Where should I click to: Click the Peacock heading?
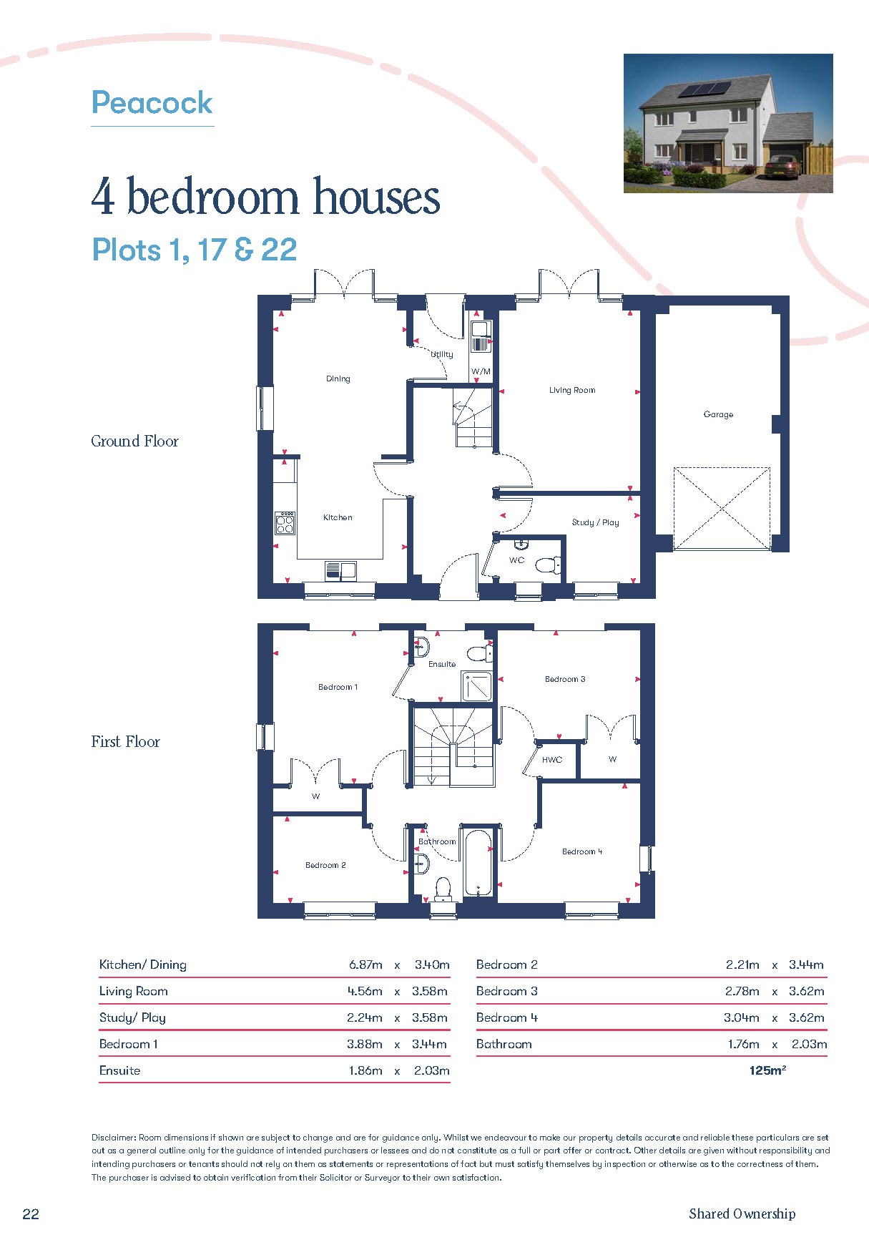[152, 103]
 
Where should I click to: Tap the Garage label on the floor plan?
[718, 414]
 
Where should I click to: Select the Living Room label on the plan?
[572, 390]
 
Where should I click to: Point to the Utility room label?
[442, 354]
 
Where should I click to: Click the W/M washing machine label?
[481, 371]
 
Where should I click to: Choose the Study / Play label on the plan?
[595, 522]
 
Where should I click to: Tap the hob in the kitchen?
[285, 523]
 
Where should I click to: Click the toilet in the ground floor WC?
[549, 565]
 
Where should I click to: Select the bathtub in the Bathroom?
[478, 863]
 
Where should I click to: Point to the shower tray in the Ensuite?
[476, 686]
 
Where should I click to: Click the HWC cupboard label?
[552, 760]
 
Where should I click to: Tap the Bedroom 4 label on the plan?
[582, 851]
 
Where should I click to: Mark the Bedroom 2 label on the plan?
[325, 865]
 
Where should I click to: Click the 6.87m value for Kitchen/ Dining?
[365, 965]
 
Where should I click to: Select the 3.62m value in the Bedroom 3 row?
[807, 991]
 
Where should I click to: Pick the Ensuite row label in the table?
[119, 1070]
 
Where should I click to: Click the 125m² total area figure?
[767, 1070]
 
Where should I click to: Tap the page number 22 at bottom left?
[31, 1214]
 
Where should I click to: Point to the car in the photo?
[782, 169]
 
